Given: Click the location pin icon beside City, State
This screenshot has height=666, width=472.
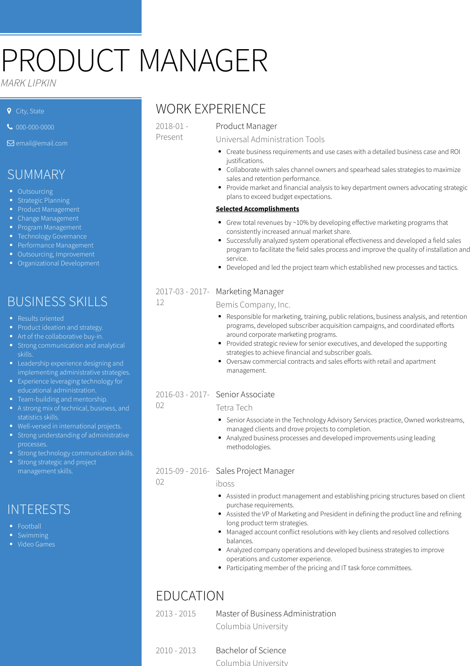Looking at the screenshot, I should (x=9, y=111).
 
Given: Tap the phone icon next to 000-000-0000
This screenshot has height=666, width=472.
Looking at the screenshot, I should (x=10, y=127).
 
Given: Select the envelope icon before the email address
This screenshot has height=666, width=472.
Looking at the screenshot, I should (x=10, y=143).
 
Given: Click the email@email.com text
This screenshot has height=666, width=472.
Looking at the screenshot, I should (x=42, y=143).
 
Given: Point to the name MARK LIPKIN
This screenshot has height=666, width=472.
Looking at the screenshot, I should (x=28, y=83).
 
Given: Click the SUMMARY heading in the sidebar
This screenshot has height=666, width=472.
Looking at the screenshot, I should (x=36, y=175).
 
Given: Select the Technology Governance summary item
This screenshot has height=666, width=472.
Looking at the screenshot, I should (x=52, y=236).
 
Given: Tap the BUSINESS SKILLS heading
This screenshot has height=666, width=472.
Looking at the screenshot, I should (x=58, y=302).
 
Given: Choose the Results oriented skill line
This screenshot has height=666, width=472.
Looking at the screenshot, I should (x=41, y=318).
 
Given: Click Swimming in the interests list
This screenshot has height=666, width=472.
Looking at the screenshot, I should (x=33, y=535).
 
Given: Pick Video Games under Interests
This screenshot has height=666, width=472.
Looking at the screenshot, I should (x=36, y=544).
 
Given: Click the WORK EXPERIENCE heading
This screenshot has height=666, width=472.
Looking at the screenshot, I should (x=211, y=109).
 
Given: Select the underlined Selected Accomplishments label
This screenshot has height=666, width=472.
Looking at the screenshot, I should (x=257, y=209).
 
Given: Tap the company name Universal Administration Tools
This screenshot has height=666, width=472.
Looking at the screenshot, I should (x=270, y=139).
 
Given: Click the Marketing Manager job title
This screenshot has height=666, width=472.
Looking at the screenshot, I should (x=250, y=291).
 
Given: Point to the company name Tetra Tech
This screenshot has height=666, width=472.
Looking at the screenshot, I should (x=234, y=408).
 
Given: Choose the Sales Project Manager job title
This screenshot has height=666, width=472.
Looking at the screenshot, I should (x=255, y=471).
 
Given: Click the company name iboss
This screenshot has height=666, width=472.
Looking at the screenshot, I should (x=225, y=484).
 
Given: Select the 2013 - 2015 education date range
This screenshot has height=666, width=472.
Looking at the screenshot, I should (x=176, y=614).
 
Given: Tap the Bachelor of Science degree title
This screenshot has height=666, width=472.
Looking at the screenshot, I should (x=251, y=650).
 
